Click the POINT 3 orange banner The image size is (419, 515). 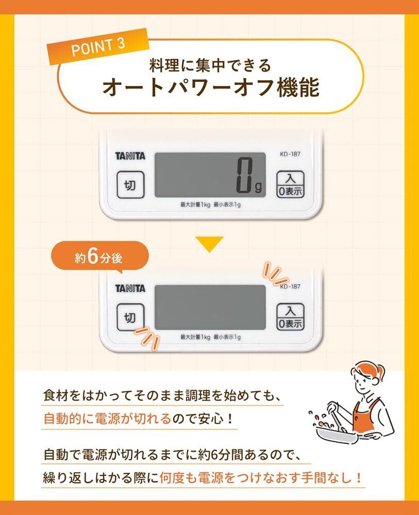(x=98, y=46)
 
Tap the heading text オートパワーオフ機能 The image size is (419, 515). (x=211, y=88)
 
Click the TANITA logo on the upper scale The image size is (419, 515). (x=130, y=156)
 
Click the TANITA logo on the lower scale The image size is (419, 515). (x=130, y=289)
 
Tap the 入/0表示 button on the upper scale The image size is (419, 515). (x=290, y=184)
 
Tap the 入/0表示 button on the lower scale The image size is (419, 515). (x=290, y=317)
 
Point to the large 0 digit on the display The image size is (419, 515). (x=245, y=175)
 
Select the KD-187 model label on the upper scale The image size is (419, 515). (x=290, y=153)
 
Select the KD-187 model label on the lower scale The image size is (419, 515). (x=290, y=286)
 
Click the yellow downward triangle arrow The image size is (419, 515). (x=209, y=244)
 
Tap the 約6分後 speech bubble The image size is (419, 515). (x=99, y=257)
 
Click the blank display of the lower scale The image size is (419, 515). (x=210, y=307)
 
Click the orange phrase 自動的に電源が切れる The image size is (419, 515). (x=108, y=419)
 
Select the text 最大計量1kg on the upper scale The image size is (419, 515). (x=195, y=204)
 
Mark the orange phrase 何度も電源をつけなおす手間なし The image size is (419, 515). (x=260, y=478)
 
